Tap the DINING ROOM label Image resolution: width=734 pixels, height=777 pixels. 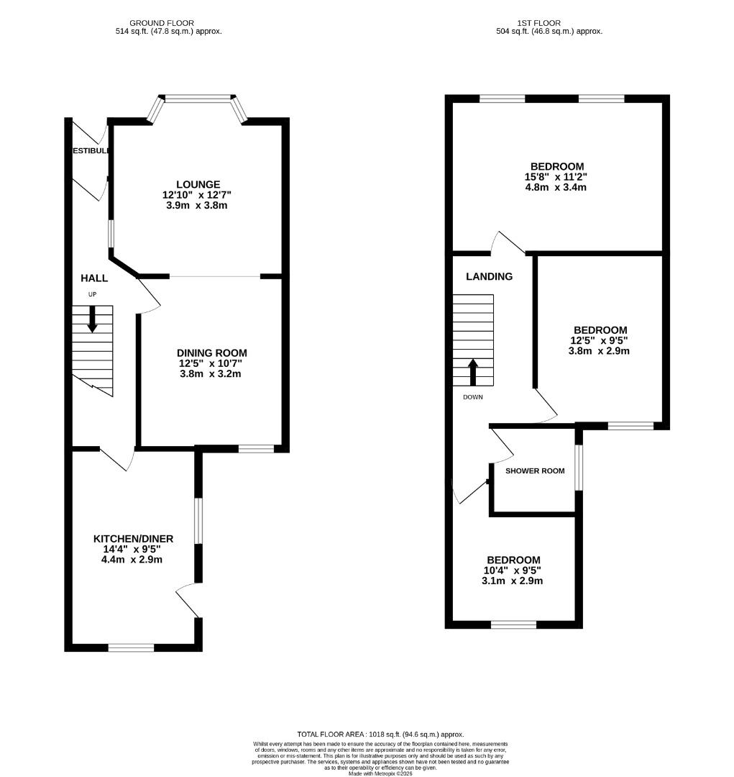coord(212,353)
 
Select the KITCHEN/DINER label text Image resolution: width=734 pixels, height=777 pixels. coord(133,539)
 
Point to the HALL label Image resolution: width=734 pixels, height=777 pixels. coord(94,278)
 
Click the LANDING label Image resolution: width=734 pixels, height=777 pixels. coord(489,276)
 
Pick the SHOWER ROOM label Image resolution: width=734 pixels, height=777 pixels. coord(535,471)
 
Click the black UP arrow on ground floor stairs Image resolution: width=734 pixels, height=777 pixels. coord(92,319)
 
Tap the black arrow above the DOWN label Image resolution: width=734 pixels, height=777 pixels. coord(473,373)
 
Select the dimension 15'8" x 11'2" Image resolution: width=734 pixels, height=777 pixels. coord(557,177)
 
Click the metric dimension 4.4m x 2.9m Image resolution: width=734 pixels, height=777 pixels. coord(133,559)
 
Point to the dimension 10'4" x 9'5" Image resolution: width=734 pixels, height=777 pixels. coord(513,571)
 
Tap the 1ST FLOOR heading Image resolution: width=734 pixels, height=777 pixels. coord(549,23)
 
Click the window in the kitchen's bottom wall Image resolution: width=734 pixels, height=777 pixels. coord(131,647)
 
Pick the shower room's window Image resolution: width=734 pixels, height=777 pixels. coord(579,468)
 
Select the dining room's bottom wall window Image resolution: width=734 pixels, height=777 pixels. coord(257,449)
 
